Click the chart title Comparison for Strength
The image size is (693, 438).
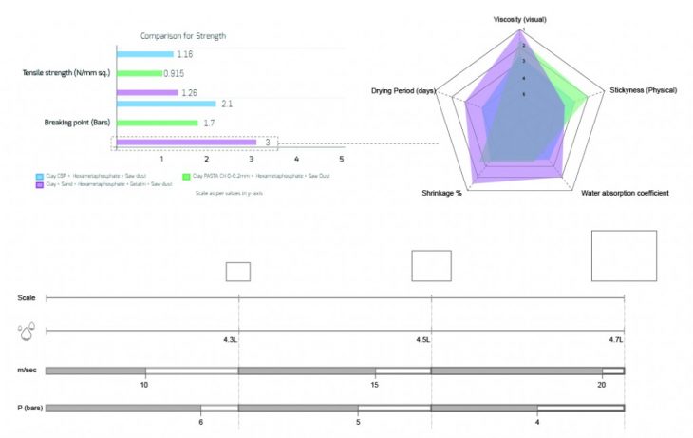click(x=183, y=36)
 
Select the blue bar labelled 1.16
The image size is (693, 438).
click(x=145, y=54)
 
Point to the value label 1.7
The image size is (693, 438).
click(x=209, y=124)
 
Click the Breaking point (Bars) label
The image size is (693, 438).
click(x=79, y=123)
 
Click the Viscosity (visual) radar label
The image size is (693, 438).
click(x=519, y=19)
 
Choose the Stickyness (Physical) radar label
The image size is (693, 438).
click(x=643, y=90)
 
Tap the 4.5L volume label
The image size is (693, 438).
click(x=422, y=339)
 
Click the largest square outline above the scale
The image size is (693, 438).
click(x=623, y=255)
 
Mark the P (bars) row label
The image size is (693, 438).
click(x=29, y=408)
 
